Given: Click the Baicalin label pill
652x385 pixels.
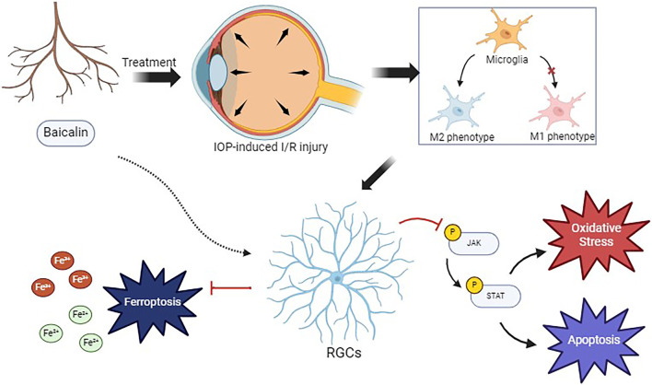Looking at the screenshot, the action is click(65, 133).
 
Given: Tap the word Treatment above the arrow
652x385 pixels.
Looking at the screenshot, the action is click(149, 63).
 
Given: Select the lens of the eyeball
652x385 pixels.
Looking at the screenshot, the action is click(217, 71).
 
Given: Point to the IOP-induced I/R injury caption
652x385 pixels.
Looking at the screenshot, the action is click(271, 146).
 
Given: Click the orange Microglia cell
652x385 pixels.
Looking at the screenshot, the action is click(505, 32).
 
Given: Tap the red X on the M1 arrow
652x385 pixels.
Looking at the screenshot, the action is click(553, 71).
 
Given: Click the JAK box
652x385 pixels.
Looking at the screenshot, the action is click(474, 243).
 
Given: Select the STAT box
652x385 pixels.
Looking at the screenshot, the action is click(495, 296).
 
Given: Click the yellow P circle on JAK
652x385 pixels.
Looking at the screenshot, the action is click(452, 232).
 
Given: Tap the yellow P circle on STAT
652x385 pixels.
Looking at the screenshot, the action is click(474, 286).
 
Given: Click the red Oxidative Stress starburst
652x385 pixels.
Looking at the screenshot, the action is click(596, 235).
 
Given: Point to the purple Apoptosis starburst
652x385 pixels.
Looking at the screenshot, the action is click(594, 341).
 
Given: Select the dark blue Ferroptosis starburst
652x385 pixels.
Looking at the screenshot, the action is click(152, 300).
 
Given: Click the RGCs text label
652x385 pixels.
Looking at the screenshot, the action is click(343, 353).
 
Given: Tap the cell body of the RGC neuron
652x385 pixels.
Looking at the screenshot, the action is click(337, 278).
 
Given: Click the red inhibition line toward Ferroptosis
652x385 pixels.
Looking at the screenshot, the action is click(231, 287).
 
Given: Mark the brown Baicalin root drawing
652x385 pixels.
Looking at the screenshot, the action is click(60, 51).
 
